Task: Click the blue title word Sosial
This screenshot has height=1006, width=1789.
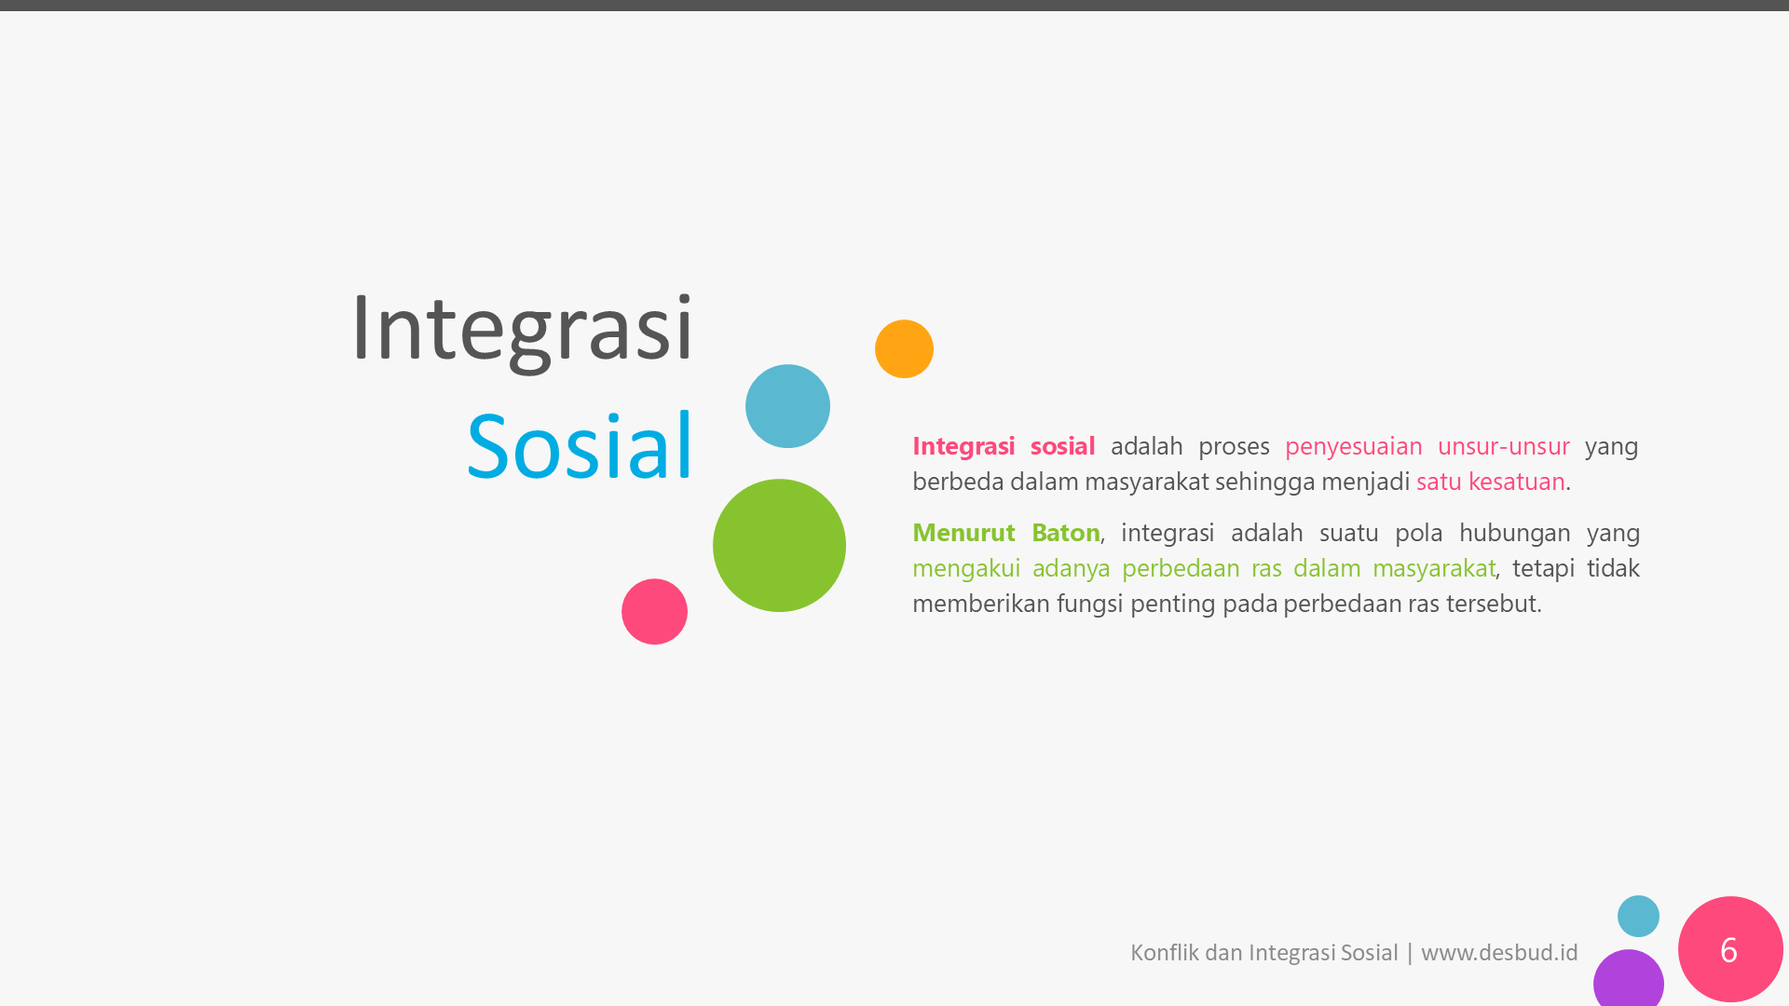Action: [x=580, y=446]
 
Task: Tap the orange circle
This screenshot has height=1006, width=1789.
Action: [x=904, y=349]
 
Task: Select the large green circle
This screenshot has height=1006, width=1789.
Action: [x=779, y=546]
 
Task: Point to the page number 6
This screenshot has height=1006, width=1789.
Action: [x=1728, y=950]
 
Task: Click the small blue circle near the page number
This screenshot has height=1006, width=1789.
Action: [x=1638, y=917]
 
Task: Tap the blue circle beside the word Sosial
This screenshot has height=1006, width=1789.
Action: [x=787, y=406]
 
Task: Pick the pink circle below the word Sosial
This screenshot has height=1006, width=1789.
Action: [x=654, y=612]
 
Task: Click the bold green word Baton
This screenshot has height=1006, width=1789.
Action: [x=1065, y=533]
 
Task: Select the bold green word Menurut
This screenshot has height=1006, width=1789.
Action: [x=963, y=533]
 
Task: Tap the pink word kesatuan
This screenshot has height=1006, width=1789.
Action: [x=1516, y=482]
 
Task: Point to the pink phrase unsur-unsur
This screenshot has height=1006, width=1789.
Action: [x=1504, y=447]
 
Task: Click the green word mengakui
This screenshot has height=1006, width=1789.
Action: [x=966, y=569]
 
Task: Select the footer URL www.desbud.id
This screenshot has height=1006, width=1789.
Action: [x=1499, y=953]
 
